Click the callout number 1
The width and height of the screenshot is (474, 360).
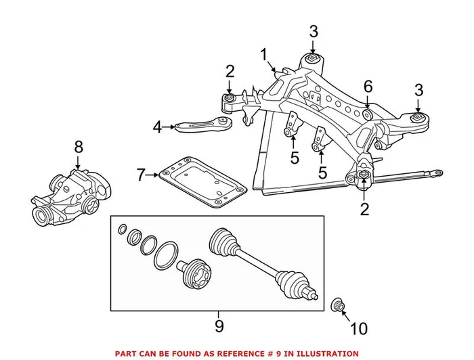point(264,55)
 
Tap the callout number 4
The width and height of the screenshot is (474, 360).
point(158,127)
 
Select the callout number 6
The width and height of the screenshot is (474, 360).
point(368,86)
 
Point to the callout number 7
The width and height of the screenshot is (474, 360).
point(142,175)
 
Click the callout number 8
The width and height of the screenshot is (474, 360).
point(78,146)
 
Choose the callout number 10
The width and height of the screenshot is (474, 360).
point(358,330)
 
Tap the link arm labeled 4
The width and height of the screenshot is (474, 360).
point(203,125)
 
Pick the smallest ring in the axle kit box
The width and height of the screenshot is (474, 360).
point(122,229)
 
